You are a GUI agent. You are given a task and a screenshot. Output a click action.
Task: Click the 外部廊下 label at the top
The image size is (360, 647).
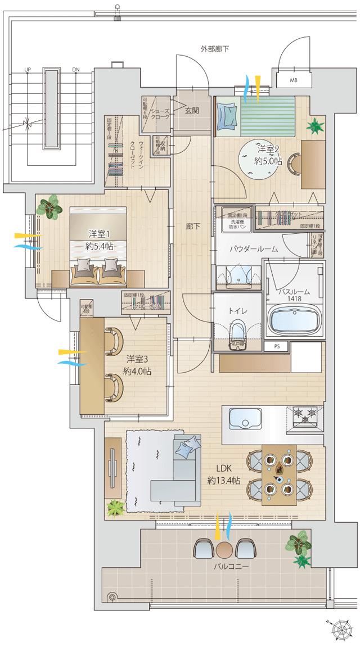pos(214,49)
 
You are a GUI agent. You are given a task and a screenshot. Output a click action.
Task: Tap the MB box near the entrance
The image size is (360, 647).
pos(293,80)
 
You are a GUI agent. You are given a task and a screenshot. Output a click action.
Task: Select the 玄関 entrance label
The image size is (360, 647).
pos(192,111)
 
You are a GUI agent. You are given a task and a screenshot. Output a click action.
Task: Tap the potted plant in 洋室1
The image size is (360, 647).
pos(49,205)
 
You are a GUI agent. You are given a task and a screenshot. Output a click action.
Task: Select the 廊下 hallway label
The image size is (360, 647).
pos(192,227)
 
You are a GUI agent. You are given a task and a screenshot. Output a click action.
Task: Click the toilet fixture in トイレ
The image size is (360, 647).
pos(237,332)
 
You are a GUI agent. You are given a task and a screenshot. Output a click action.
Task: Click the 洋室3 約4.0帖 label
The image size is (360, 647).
pos(138,365)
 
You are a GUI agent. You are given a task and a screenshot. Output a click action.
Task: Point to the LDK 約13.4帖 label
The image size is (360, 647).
pos(224,474)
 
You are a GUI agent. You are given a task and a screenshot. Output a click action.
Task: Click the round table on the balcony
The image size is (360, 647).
pos(224,549)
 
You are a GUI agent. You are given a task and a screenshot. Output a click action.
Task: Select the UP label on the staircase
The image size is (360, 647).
pos(27,70)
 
